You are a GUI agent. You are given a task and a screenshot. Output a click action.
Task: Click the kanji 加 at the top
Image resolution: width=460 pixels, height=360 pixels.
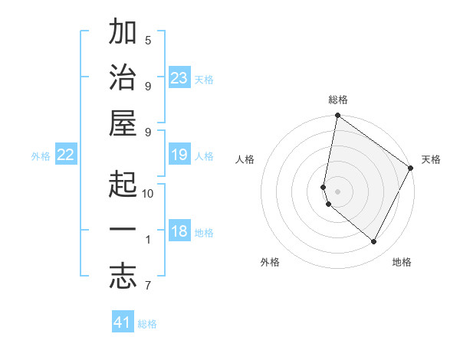[123, 34]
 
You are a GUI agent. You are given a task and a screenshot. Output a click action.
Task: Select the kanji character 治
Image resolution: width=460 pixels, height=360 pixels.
[123, 80]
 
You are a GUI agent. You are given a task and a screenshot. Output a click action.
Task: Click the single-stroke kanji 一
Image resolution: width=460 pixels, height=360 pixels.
[123, 230]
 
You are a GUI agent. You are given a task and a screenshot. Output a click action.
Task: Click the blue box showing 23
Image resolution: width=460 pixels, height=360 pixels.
[179, 78]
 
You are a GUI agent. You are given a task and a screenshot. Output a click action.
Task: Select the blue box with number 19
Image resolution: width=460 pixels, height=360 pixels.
[179, 155]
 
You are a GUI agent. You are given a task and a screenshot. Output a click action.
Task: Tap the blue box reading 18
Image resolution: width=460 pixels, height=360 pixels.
[179, 232]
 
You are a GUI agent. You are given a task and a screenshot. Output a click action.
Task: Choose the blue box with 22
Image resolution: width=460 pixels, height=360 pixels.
[66, 155]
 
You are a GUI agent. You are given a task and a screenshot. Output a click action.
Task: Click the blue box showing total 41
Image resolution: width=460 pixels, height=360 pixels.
[123, 322]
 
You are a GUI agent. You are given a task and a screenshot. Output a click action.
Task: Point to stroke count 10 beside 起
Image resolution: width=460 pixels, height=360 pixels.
[148, 193]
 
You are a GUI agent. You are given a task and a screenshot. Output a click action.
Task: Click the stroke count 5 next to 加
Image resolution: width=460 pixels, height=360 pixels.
[148, 40]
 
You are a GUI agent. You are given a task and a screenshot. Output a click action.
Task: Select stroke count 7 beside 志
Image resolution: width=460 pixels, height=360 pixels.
[148, 286]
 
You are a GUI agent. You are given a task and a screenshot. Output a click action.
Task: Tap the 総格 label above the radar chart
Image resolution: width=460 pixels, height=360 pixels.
[338, 100]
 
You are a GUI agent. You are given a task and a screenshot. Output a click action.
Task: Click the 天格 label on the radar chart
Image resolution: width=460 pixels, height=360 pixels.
[431, 159]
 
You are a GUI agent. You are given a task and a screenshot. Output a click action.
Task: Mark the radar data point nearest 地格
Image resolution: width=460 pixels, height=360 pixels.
[374, 242]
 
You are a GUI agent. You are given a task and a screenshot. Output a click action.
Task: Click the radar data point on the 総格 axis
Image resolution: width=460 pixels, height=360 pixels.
[337, 116]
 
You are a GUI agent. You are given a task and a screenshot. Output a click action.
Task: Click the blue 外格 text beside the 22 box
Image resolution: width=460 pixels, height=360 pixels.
[41, 156]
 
